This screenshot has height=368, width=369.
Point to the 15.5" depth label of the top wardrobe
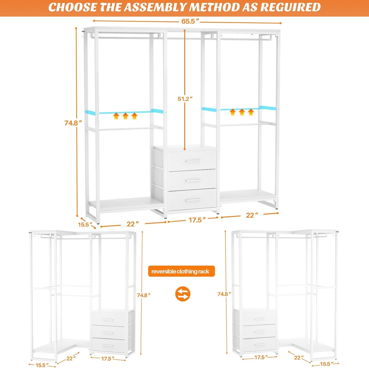tap(85, 224)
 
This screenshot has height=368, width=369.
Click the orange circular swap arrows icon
tap(183, 294)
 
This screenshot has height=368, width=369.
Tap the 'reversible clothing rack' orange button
tap(181, 271)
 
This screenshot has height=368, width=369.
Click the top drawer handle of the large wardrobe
tap(193, 161)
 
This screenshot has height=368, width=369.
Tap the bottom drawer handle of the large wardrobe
tap(193, 200)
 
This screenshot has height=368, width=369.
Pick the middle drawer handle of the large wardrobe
tap(193, 181)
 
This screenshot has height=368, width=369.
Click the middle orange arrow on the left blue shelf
tap(125, 116)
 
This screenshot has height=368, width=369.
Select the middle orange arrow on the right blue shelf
tap(242, 112)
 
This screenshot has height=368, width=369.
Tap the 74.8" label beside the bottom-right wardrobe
tap(224, 294)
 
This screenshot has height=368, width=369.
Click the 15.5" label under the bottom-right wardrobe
tap(327, 364)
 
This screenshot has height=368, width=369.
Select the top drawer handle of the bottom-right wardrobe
tap(260, 319)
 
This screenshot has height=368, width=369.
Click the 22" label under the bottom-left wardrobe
tap(71, 359)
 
